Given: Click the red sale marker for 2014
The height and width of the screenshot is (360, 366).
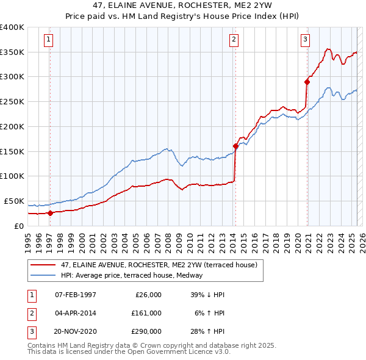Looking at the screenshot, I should tap(235, 146).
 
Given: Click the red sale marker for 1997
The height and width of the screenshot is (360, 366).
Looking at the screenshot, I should tap(50, 213).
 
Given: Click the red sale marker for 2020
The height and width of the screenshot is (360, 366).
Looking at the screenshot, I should tap(307, 81).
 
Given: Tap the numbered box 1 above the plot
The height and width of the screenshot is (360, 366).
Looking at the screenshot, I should tap(48, 40).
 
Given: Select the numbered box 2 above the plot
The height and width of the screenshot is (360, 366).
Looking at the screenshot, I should tap(234, 40).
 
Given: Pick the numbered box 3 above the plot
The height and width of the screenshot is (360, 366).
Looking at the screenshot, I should tap(305, 40).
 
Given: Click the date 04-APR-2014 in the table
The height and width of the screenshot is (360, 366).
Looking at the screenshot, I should tap(76, 312).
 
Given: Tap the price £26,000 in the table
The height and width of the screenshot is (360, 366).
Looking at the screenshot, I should tap(147, 295).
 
